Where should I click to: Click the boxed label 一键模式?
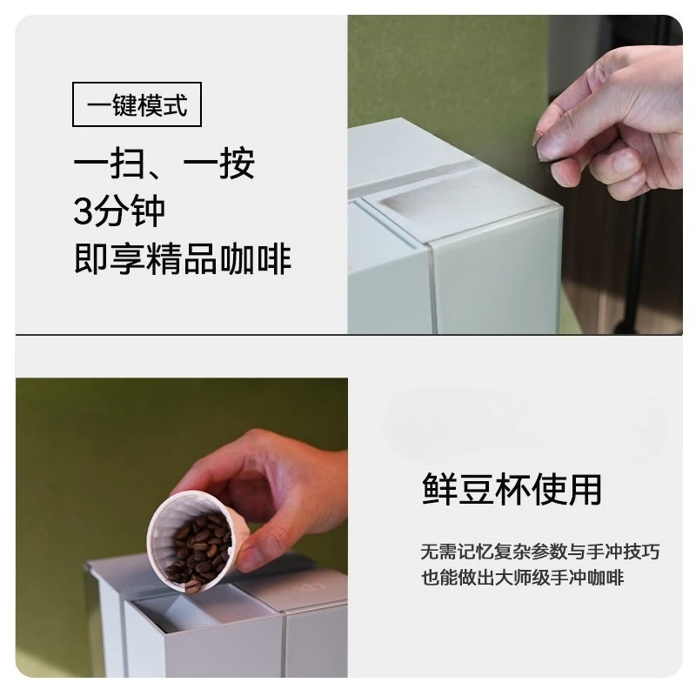point(137,104)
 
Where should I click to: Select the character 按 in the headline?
point(237,163)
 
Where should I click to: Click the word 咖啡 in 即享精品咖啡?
point(256,258)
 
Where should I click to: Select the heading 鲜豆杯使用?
point(512,489)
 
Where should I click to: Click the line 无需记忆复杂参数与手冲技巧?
point(540,552)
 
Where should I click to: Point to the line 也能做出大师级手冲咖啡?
point(523,578)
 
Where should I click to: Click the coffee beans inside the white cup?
point(200,551)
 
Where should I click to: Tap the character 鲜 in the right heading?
point(439,489)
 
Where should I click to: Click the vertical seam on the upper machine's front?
point(432,289)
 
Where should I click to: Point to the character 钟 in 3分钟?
point(147,211)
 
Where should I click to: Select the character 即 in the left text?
point(92,258)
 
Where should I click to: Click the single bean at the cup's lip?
point(192,586)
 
